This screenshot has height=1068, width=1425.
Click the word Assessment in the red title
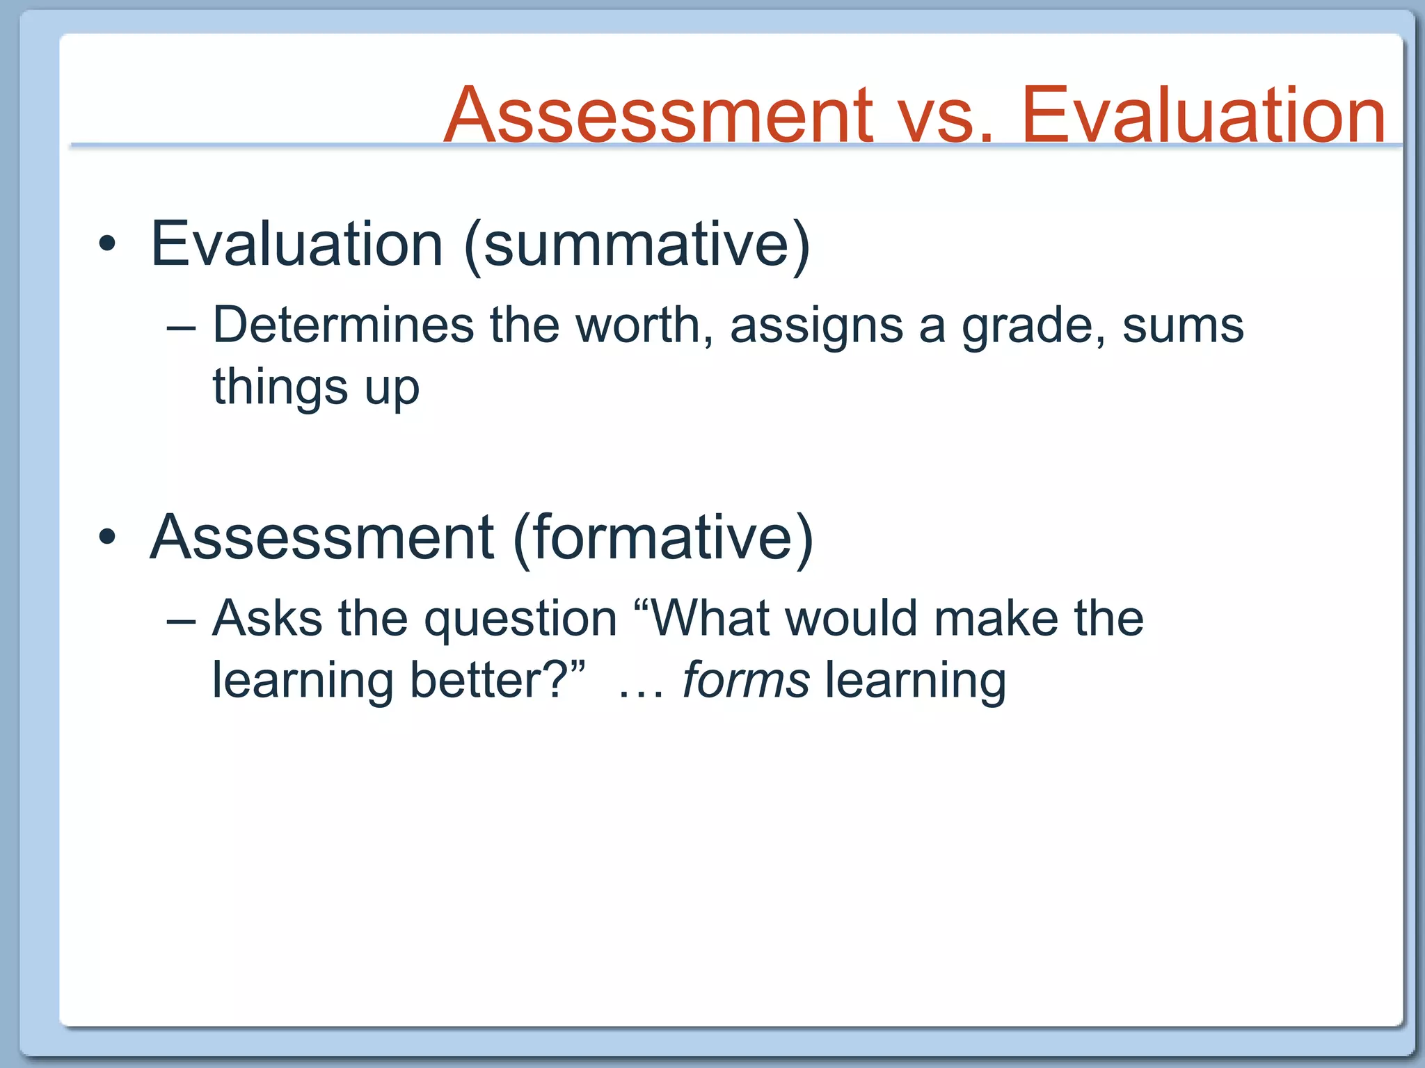[658, 115]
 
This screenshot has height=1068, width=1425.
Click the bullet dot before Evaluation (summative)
[106, 244]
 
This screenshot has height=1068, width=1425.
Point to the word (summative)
[637, 245]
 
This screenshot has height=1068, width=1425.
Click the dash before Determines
[182, 327]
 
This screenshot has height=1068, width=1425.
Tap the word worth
[644, 325]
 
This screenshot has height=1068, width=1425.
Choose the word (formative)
[662, 537]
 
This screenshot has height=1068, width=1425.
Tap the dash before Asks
[182, 620]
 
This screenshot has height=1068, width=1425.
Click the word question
[520, 620]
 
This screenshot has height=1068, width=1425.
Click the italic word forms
[746, 680]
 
